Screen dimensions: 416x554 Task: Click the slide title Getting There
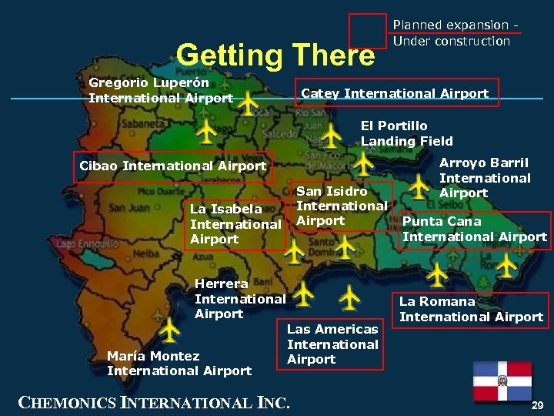point(275,55)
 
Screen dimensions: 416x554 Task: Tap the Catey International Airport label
point(395,93)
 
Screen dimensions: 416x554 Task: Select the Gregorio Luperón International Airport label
point(160,90)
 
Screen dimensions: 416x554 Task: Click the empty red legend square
point(367,32)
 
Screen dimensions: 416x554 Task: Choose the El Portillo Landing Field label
point(406,133)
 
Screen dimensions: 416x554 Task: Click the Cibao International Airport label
point(172,166)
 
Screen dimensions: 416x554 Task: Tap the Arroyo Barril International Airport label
point(484,177)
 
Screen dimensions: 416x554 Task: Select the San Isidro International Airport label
point(341,206)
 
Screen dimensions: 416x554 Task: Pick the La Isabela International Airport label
point(235,224)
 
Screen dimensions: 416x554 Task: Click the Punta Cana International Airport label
point(474,229)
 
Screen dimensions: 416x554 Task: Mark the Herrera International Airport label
point(239,298)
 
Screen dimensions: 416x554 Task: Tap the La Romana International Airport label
point(471,309)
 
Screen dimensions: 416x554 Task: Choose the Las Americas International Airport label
point(332,344)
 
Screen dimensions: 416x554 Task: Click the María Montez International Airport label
point(179,364)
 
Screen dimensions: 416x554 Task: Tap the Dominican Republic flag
point(502,381)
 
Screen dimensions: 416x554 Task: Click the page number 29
point(537,404)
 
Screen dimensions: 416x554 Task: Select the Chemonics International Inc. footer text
point(154,401)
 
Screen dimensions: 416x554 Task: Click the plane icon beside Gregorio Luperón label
point(248,101)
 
